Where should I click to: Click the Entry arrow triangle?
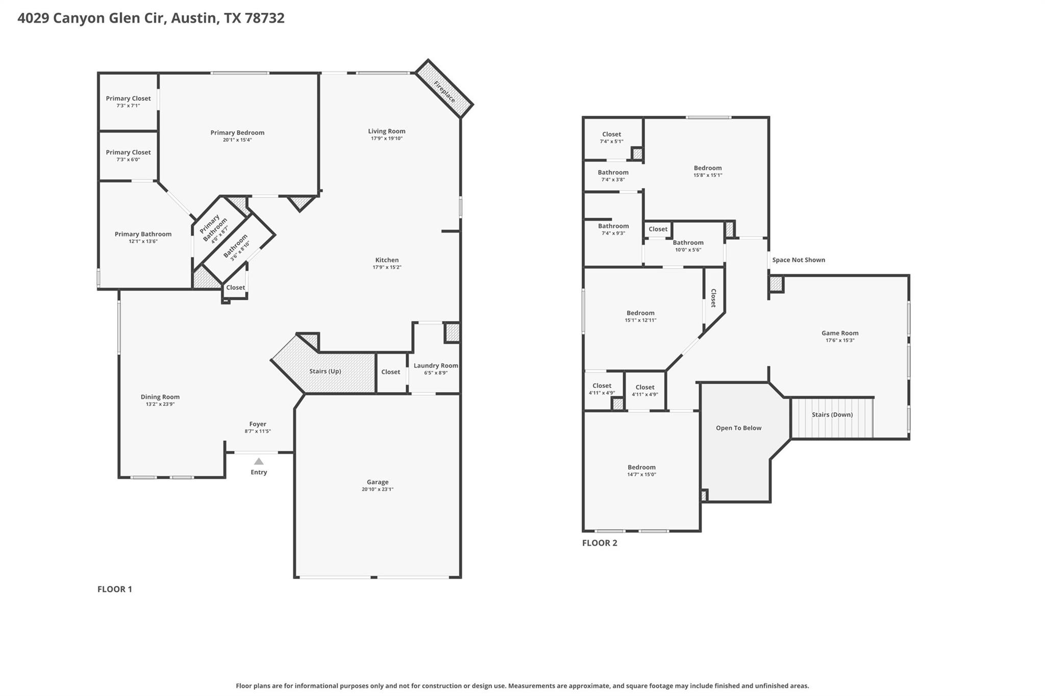point(259,461)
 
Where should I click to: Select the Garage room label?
point(378,482)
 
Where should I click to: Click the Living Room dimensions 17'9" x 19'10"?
point(387,138)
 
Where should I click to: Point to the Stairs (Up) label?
point(325,371)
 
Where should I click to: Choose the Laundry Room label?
point(436,366)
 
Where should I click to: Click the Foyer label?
point(258,424)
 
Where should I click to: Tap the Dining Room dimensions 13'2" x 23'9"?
point(160,404)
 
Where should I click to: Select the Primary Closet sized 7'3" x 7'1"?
point(128,98)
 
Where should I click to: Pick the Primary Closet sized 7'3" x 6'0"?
point(128,152)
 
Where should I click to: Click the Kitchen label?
point(387,260)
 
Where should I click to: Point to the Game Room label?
point(840,333)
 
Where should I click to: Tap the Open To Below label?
point(738,428)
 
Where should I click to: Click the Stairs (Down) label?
point(832,415)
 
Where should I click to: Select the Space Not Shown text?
point(799,260)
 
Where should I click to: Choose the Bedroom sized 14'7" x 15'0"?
point(641,467)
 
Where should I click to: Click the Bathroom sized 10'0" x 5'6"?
point(688,243)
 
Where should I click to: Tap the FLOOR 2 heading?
point(600,543)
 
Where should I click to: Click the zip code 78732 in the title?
point(264,18)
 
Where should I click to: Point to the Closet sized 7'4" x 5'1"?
point(611,134)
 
